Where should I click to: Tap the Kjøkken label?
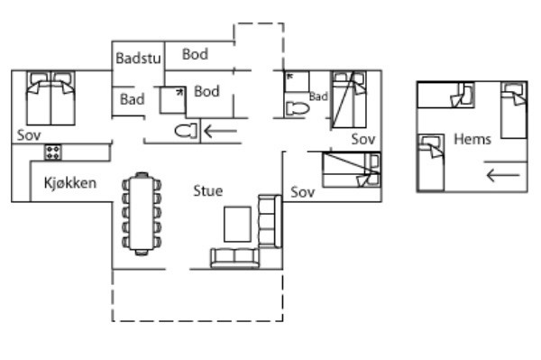(x=70, y=183)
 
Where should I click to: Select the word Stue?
(x=207, y=190)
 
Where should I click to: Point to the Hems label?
(x=472, y=139)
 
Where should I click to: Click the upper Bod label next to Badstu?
(x=195, y=54)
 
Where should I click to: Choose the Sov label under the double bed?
(x=28, y=134)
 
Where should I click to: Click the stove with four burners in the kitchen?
(x=53, y=152)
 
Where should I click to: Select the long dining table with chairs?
(x=142, y=213)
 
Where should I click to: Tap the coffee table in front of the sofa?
(x=237, y=224)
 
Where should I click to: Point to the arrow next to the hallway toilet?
(x=221, y=132)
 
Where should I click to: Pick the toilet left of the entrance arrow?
(x=186, y=132)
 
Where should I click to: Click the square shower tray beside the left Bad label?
(x=172, y=98)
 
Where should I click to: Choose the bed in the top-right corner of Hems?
(x=514, y=109)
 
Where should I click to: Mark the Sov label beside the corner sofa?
(x=302, y=192)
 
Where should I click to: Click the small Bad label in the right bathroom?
(x=318, y=96)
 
